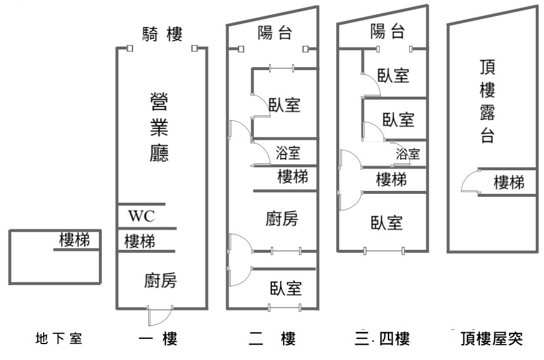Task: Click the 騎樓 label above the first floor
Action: tap(162, 34)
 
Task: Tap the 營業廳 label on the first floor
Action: tap(159, 127)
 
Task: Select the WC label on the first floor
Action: tap(141, 216)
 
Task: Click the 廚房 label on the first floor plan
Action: tap(160, 280)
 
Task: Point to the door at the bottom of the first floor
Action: tap(160, 316)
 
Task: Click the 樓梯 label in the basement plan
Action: tap(74, 240)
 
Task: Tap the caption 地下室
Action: tap(59, 338)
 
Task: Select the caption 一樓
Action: tap(158, 338)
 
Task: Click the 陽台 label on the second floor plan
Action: tap(274, 33)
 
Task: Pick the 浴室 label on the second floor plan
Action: tap(288, 153)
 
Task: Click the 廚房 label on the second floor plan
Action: tap(281, 219)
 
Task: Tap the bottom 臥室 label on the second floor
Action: tap(286, 289)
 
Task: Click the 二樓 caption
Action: tap(273, 338)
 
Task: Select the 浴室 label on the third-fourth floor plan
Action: tap(408, 154)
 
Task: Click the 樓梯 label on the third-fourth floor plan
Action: tap(392, 180)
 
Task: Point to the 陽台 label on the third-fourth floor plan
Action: tap(387, 32)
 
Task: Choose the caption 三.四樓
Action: tap(382, 338)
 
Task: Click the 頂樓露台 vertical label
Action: tap(487, 101)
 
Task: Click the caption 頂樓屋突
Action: tap(492, 338)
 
